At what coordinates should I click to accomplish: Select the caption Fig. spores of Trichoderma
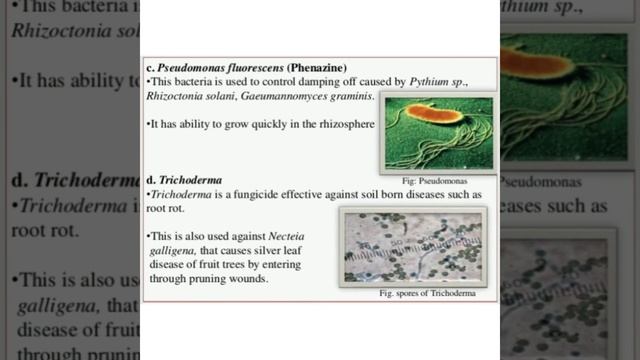click(426, 295)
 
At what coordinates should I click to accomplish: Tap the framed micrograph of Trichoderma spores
click(412, 246)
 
